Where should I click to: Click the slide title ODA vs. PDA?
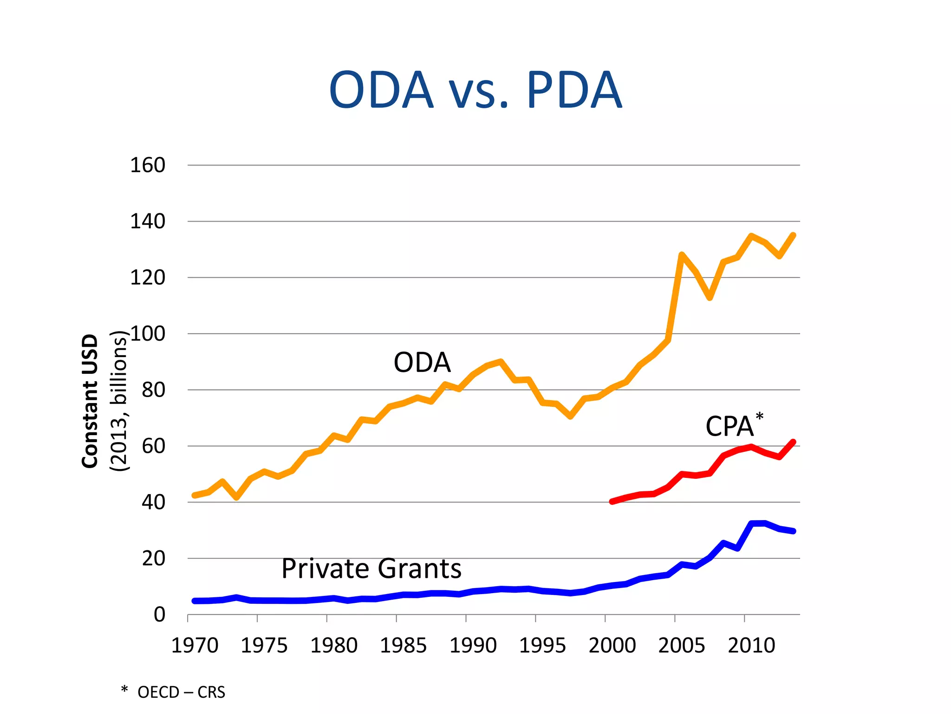tap(475, 90)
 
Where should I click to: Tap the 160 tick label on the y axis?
tap(147, 165)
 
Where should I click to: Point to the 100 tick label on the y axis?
tap(148, 334)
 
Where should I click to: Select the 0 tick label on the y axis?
tap(159, 615)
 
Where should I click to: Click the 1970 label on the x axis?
tap(195, 646)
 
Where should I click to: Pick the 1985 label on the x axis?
tap(403, 646)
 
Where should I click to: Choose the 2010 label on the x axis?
tap(751, 646)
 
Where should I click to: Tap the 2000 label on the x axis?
tap(612, 646)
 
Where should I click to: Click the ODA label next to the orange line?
tap(422, 363)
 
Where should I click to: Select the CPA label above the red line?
tap(729, 427)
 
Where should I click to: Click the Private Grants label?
tap(371, 569)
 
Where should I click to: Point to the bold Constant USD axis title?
tap(90, 401)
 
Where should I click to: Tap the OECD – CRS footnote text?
tap(181, 693)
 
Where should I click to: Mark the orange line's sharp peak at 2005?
tap(681, 255)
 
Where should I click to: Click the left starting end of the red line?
tap(612, 502)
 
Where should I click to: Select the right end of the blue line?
tap(793, 531)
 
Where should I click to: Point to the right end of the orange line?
tap(793, 235)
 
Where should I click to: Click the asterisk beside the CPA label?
tap(759, 416)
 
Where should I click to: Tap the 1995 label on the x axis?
tap(542, 646)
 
